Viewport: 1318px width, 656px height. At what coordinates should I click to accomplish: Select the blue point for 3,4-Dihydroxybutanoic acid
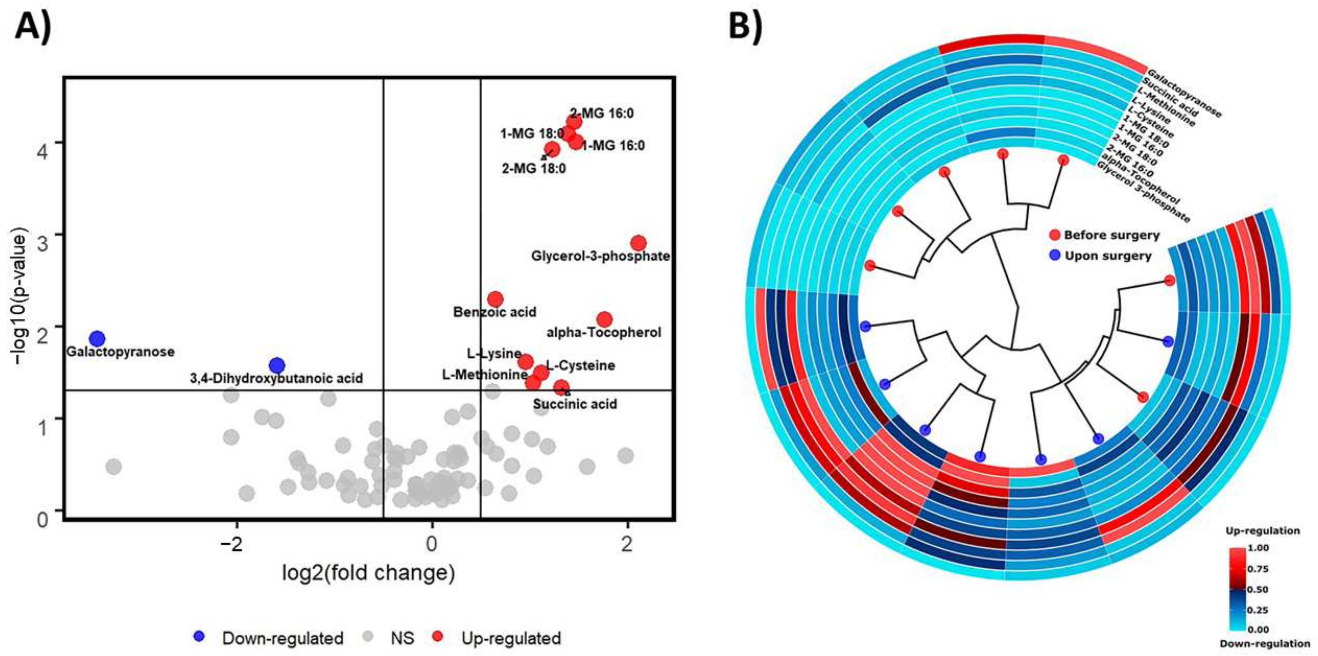click(x=277, y=365)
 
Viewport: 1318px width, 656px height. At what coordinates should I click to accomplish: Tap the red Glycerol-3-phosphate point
click(x=638, y=243)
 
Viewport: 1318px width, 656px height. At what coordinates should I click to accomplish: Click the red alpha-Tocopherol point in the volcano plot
click(x=604, y=319)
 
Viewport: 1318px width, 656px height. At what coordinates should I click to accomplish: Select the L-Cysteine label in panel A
click(x=580, y=365)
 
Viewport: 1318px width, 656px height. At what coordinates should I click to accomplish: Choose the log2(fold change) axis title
click(x=368, y=573)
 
